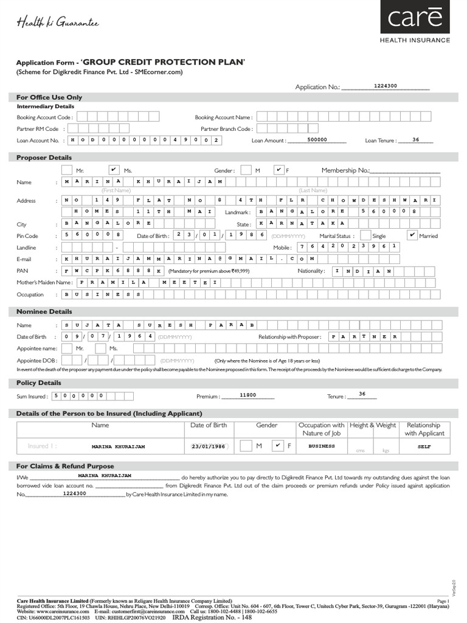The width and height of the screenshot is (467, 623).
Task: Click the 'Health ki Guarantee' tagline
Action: point(57,23)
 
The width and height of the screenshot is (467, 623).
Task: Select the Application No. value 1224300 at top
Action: point(385,86)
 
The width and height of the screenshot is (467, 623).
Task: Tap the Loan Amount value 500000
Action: point(317,139)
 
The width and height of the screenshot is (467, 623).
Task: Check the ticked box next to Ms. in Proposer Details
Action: point(113,169)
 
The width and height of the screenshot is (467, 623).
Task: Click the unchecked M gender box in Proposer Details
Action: point(246,170)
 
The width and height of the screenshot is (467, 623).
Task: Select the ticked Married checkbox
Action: point(412,235)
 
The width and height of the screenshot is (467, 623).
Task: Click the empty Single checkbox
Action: point(365,235)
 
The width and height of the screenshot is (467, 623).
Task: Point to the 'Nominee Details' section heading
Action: point(44,311)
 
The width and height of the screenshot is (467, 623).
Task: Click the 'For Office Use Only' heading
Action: point(49,97)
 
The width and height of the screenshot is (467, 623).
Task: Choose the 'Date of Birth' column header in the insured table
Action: point(209,425)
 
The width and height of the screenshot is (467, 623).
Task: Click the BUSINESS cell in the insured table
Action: point(322,446)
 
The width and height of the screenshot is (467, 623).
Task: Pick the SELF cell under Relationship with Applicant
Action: point(424,446)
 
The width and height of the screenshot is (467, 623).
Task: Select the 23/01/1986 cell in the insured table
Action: point(209,446)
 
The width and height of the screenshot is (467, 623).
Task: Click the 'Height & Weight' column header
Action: point(373,425)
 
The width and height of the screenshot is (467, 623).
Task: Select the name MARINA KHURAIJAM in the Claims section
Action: point(105,475)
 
